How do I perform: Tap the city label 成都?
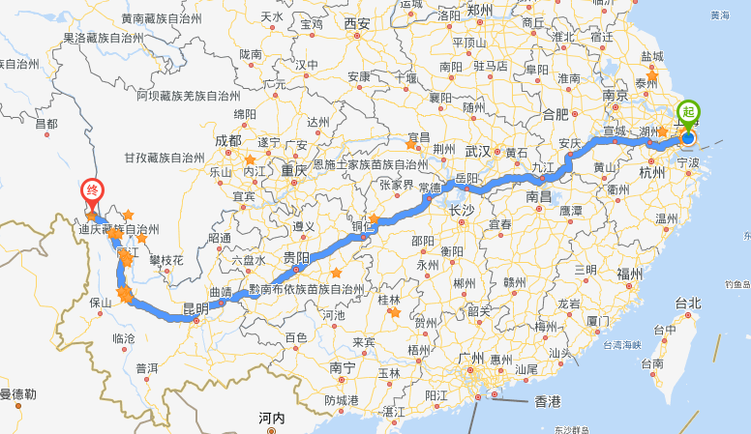[x=228, y=140]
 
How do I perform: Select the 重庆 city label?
[x=294, y=170]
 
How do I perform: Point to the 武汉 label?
[x=478, y=151]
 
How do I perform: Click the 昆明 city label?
[x=195, y=309]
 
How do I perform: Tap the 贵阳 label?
[x=296, y=258]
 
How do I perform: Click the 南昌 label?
[x=538, y=195]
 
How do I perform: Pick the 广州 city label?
[x=470, y=358]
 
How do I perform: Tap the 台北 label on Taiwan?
[x=688, y=303]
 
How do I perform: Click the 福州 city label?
[x=629, y=274]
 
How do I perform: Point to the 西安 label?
[x=357, y=23]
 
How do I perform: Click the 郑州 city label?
[x=480, y=10]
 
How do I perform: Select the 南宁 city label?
[x=343, y=367]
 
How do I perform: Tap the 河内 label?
[x=270, y=418]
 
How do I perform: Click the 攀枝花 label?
[x=165, y=260]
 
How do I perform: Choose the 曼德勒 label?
[x=17, y=393]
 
